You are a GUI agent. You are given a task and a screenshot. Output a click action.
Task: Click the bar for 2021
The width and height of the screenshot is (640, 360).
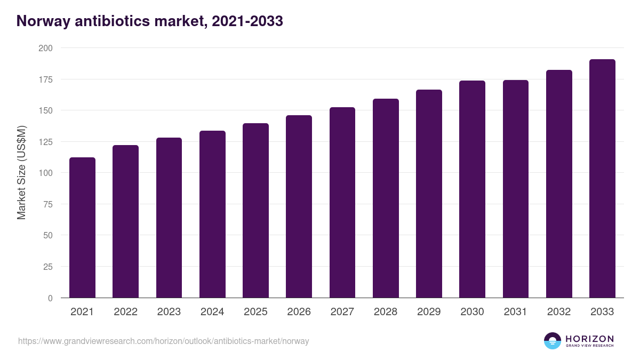pos(82,228)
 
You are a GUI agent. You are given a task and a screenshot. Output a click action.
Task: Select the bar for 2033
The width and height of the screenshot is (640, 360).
pos(602,179)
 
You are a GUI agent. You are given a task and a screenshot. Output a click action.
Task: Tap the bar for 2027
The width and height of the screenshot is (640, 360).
pos(342,203)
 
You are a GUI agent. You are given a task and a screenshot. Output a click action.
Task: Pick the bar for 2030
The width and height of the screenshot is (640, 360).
pos(472,189)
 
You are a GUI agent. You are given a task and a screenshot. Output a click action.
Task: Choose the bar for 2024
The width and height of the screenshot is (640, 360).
pos(212,214)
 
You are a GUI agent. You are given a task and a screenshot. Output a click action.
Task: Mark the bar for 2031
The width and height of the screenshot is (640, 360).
pos(515,189)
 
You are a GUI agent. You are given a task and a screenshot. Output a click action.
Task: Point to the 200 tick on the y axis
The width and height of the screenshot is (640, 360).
pos(46,48)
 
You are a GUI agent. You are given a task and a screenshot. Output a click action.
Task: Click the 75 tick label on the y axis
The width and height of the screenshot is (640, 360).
pos(48,204)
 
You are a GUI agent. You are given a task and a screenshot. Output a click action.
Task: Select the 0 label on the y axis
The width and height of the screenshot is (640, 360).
pos(50,298)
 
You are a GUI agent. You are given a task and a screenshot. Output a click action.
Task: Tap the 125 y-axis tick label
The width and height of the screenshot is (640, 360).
pos(46,142)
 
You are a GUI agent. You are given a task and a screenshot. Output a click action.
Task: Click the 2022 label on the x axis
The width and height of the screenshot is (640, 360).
pos(125,312)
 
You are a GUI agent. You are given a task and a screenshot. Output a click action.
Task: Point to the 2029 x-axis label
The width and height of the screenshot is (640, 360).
pos(429,312)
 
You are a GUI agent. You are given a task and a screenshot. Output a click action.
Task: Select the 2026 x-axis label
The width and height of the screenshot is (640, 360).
pos(299,312)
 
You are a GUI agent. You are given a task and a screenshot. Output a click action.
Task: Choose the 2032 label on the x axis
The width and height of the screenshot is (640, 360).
pos(559,312)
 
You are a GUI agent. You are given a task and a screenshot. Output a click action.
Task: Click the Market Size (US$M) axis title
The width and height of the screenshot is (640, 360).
pos(21,172)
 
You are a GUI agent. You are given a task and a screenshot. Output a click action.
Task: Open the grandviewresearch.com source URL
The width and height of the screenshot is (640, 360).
pos(163,341)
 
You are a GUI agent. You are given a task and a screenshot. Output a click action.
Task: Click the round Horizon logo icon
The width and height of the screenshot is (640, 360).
pos(553,341)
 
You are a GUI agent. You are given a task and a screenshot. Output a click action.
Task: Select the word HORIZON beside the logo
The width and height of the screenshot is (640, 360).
pos(589,339)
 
